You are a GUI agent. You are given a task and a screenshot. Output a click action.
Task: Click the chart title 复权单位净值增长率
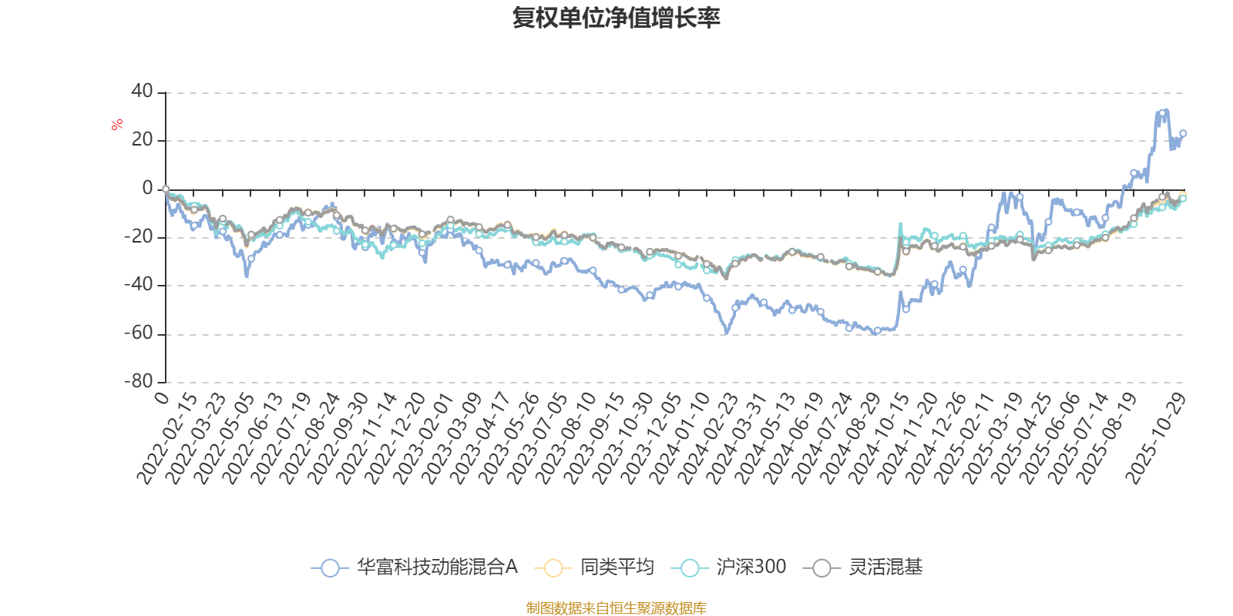pos(616,18)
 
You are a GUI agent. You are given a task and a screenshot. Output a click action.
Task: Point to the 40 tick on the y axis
pos(142,92)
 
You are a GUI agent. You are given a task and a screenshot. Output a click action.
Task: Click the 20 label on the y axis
pos(142,140)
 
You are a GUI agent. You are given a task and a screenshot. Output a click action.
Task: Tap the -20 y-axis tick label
pos(139,236)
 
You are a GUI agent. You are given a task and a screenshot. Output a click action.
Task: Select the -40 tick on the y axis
pos(139,285)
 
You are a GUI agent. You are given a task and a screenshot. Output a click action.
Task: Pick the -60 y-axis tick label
pos(139,333)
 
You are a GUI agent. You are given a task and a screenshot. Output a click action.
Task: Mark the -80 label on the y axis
pos(139,381)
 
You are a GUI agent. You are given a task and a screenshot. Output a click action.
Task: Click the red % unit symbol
pos(117,125)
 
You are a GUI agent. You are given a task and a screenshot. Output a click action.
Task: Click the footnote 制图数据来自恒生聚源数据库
pos(616,608)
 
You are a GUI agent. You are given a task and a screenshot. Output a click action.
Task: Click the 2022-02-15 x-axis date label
pos(167,439)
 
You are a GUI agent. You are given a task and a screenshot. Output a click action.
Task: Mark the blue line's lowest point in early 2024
pos(725,333)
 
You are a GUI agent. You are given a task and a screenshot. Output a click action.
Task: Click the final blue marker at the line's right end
pos(1183,133)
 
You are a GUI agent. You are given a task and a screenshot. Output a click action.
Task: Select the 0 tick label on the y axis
pos(147,189)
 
